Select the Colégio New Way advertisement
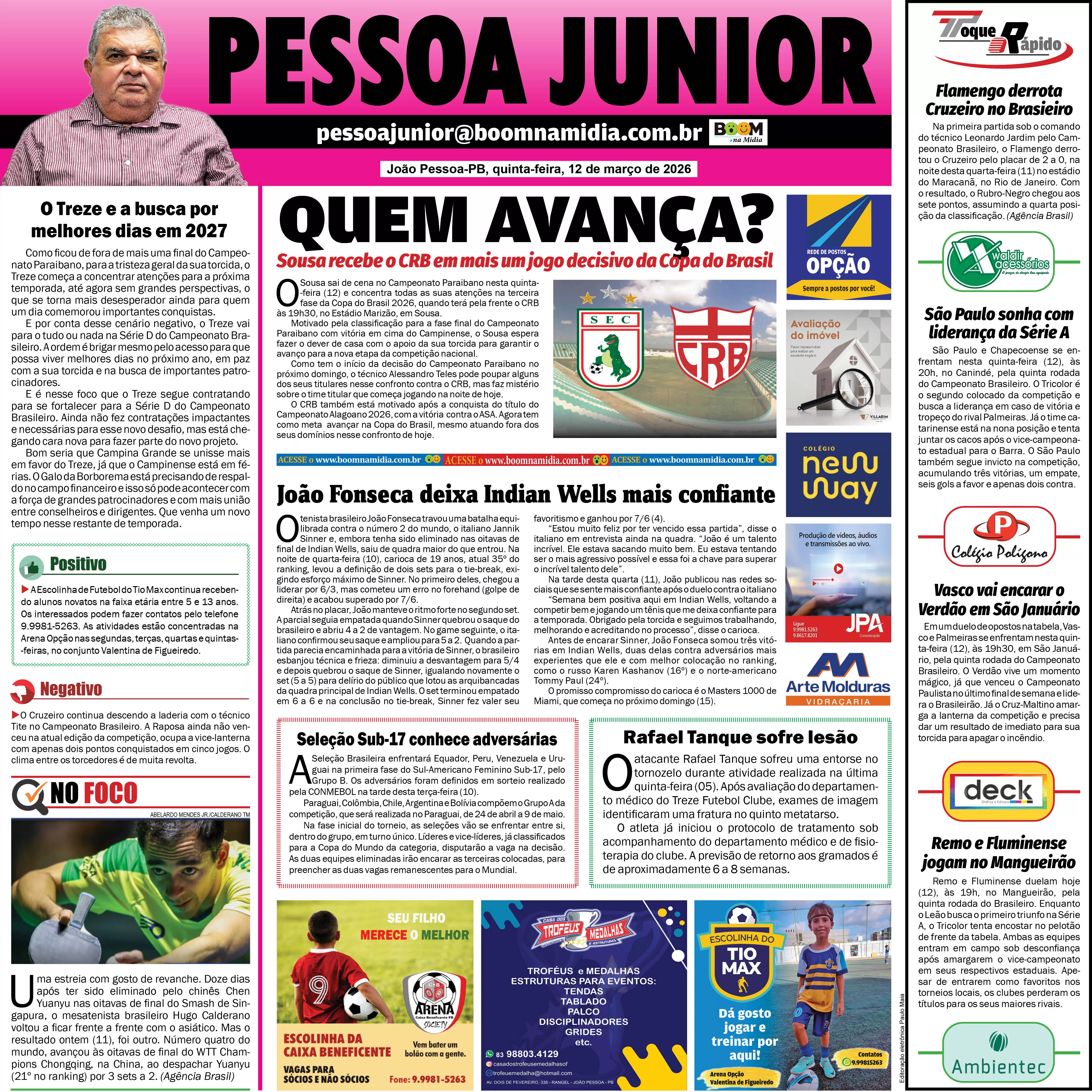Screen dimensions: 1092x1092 click(838, 475)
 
